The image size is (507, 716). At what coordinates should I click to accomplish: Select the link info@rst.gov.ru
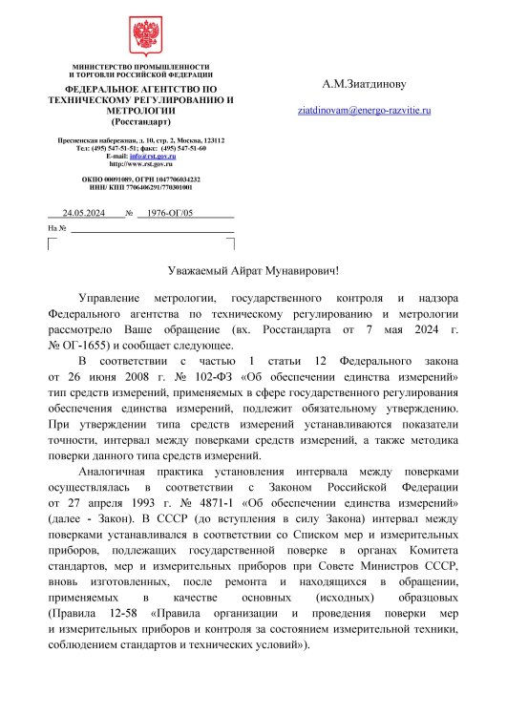pos(153,157)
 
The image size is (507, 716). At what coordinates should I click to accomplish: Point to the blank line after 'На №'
pos(153,230)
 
